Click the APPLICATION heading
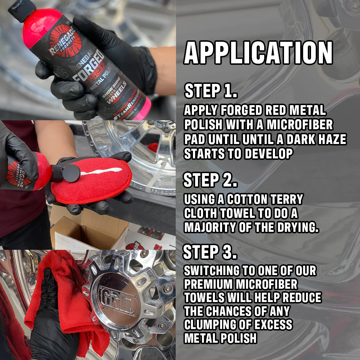tap(258, 53)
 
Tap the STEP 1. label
tap(211, 91)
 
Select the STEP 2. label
tap(210, 180)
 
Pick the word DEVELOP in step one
tap(268, 154)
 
